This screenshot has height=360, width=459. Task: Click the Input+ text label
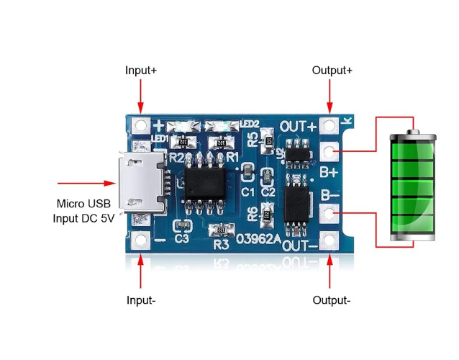[x=141, y=71]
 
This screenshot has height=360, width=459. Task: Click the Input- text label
[x=141, y=300]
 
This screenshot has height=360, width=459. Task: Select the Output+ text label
[x=332, y=71]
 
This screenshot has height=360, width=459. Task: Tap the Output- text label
[x=332, y=300]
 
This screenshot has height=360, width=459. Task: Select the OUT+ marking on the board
[x=299, y=127]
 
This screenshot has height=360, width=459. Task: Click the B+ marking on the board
[x=330, y=172]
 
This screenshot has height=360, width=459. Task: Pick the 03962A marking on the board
[x=260, y=238]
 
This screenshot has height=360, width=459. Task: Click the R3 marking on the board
[x=222, y=244]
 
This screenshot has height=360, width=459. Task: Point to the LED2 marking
[x=250, y=122]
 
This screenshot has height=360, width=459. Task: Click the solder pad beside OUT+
[x=330, y=126]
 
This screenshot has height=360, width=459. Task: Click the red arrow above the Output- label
[x=332, y=272]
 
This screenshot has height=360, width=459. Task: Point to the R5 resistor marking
[x=253, y=140]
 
